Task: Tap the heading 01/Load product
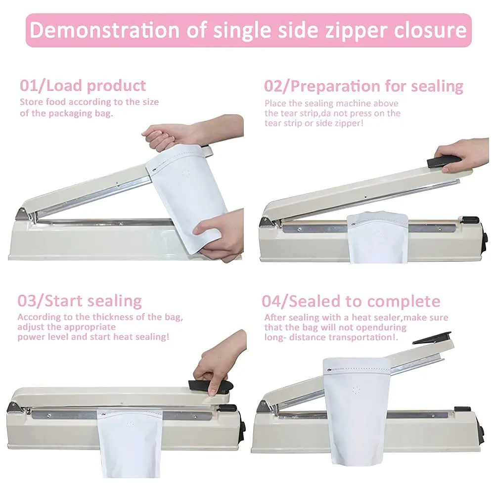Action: point(83,86)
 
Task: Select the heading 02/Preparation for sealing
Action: point(363,86)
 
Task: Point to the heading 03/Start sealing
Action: point(80,301)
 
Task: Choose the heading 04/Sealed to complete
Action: point(351,302)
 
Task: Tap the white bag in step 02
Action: point(378,237)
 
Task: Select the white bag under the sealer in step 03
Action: point(130,442)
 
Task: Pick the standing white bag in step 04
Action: point(357,410)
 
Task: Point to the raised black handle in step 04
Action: point(432,337)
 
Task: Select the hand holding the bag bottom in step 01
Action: point(218,235)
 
